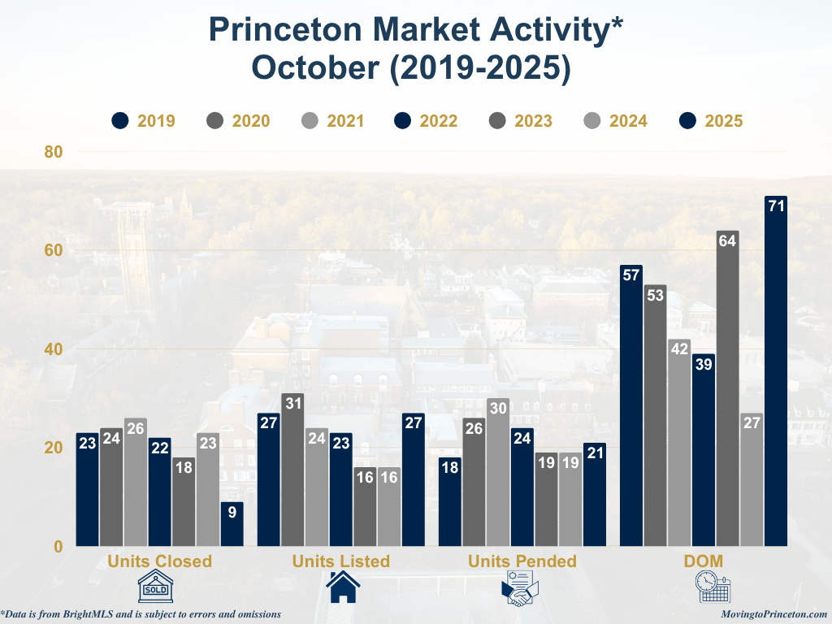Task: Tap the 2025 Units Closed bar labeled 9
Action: [232, 524]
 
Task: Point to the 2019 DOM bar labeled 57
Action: [631, 405]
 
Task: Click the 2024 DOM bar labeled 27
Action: [752, 479]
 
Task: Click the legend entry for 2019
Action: [143, 121]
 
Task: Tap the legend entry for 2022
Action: [427, 121]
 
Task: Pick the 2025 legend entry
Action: [711, 121]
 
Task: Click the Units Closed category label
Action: [160, 561]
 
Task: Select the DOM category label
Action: [704, 561]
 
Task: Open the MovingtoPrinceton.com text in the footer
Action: [774, 615]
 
